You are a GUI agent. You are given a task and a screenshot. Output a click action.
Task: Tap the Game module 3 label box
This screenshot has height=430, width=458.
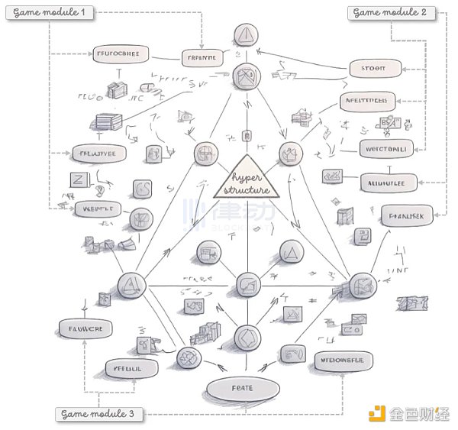[x=98, y=414]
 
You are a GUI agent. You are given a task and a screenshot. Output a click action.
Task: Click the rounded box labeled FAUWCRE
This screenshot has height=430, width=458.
[x=85, y=328]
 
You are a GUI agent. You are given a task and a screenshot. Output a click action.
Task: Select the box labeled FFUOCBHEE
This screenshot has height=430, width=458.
[x=119, y=53]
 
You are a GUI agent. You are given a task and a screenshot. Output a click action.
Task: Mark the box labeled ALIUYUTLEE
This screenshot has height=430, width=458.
[x=386, y=182]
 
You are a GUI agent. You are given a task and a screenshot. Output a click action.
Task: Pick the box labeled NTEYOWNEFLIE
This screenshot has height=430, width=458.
[x=342, y=360]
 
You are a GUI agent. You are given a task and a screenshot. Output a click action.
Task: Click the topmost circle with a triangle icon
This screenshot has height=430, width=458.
[x=247, y=34]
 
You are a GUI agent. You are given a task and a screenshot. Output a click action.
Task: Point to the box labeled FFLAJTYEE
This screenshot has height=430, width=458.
[x=98, y=152]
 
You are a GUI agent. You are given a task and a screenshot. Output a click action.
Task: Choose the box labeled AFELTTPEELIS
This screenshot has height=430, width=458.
[x=367, y=101]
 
